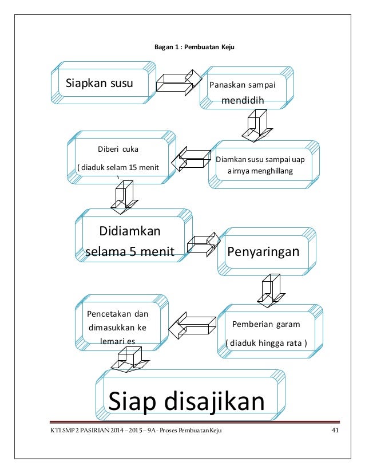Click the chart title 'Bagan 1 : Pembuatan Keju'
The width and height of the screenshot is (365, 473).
point(191,47)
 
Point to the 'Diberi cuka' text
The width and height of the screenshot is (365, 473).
point(118,150)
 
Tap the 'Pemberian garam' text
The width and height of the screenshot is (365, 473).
point(266,324)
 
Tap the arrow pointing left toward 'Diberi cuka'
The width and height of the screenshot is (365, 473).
point(191,159)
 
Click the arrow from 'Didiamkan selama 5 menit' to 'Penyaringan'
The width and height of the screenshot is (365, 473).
point(203,245)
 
